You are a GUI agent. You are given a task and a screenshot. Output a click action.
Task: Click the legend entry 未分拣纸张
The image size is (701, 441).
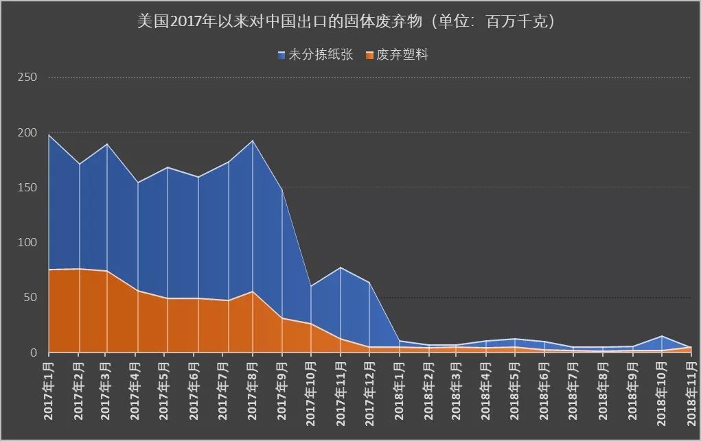tap(321, 55)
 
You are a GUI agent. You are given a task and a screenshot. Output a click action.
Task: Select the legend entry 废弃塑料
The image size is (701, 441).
tap(402, 55)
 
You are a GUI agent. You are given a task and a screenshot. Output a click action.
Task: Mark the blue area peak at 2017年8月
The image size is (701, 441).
tap(253, 141)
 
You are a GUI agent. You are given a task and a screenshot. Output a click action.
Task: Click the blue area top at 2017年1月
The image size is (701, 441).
tap(49, 135)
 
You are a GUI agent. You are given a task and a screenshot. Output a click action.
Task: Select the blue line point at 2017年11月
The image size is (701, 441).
tap(341, 267)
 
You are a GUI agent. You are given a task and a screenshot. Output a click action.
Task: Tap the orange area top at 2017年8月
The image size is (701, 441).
tap(253, 291)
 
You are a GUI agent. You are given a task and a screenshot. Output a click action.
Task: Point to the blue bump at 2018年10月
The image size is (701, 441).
tap(661, 336)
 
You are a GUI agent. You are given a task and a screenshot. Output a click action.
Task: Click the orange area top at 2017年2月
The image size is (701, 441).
tap(79, 269)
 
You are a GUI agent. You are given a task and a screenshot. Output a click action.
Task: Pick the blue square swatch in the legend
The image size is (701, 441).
tap(281, 56)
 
